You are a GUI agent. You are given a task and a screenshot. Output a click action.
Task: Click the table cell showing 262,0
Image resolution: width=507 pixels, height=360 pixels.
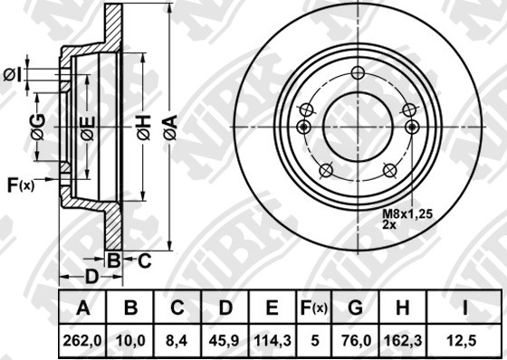point(82,341)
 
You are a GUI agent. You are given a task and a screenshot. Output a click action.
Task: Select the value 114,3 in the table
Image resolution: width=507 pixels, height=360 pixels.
point(273,341)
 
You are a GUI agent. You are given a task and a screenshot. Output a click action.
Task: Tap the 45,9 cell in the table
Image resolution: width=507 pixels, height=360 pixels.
point(225,341)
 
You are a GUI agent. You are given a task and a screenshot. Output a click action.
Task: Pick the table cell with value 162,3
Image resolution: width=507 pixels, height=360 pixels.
point(403,341)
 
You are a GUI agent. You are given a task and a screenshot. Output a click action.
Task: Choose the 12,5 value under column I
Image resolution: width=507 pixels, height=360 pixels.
point(465,341)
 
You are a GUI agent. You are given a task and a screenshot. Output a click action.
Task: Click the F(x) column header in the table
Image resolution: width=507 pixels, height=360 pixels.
point(314,308)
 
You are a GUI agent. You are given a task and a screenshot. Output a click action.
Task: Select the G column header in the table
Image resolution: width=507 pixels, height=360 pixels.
point(355,308)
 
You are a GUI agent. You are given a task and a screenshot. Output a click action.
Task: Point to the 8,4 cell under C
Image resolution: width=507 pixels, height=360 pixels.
point(177,341)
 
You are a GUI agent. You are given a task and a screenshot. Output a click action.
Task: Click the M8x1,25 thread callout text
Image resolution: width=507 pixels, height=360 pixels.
point(407,214)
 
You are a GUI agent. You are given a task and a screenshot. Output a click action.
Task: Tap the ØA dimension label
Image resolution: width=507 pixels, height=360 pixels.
point(170,127)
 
